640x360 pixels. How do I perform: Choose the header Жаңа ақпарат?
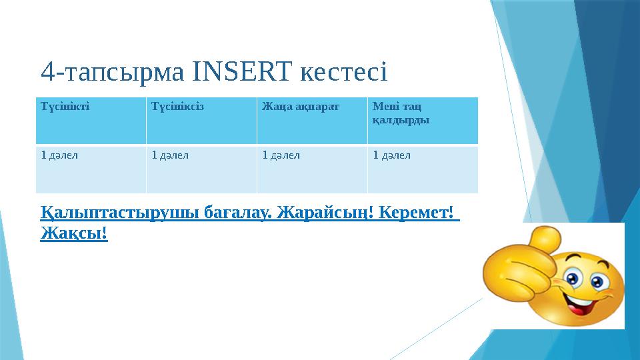click(291, 106)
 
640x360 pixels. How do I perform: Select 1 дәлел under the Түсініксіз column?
click(170, 155)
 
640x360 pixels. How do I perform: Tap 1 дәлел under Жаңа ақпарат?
click(281, 155)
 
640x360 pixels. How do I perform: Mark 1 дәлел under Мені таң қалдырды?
click(391, 155)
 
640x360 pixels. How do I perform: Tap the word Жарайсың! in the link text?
click(318, 213)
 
